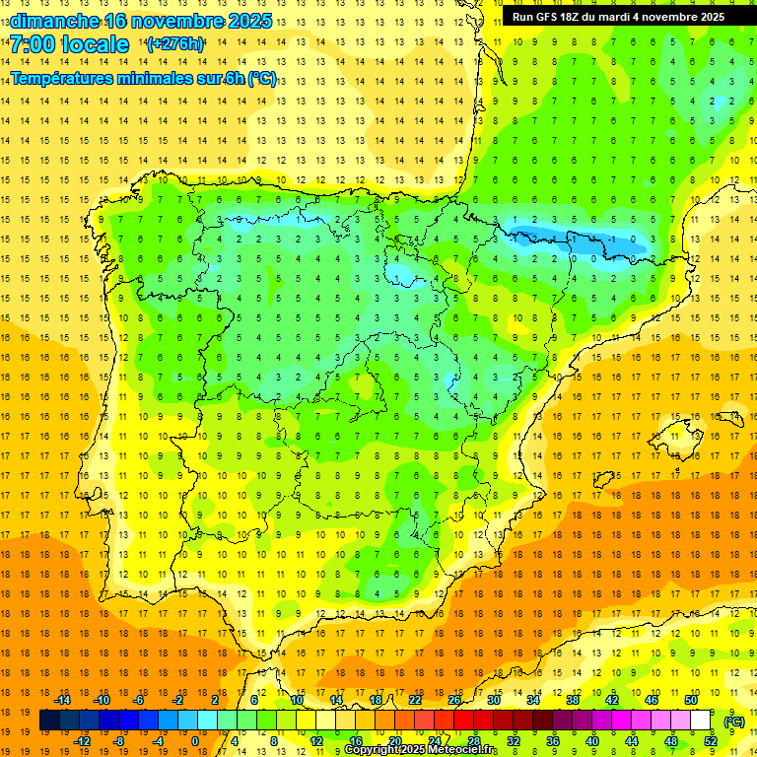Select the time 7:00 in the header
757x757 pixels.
34,44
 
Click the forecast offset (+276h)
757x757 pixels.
175,44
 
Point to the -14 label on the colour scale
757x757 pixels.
63,699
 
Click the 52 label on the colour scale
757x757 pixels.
711,741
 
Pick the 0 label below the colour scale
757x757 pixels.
194,741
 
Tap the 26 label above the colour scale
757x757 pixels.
453,699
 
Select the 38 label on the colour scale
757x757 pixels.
572,699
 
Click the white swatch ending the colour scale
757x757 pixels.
701,721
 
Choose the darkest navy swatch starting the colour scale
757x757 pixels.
49,721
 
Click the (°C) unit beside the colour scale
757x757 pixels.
734,721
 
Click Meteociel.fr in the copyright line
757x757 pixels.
464,750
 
